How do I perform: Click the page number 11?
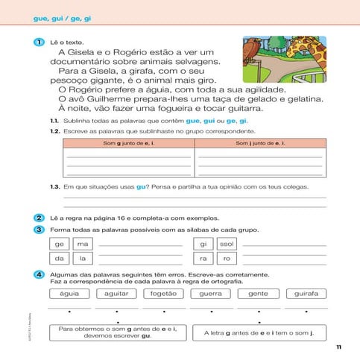(338, 347)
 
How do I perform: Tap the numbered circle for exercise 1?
(39, 44)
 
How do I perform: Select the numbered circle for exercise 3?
(39, 230)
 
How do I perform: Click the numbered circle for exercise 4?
(39, 274)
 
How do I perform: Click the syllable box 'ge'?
(60, 244)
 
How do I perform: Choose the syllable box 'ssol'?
(227, 244)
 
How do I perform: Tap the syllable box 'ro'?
(227, 258)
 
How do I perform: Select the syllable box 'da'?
(60, 258)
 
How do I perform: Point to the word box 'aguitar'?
(116, 294)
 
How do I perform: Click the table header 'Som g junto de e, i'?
(128, 142)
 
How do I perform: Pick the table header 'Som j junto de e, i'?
(260, 142)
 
